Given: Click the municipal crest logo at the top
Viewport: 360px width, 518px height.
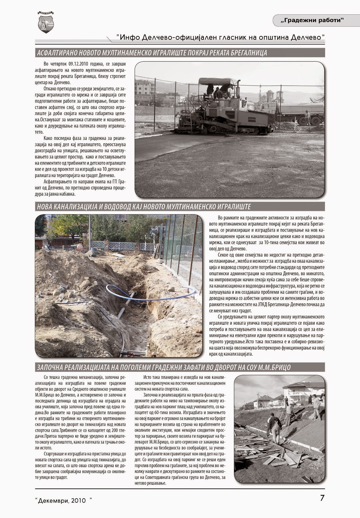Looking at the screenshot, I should [x=46, y=22].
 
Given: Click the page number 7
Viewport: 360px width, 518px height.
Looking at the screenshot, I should [x=322, y=498].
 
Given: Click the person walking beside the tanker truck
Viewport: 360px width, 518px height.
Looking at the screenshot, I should [x=307, y=118].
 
